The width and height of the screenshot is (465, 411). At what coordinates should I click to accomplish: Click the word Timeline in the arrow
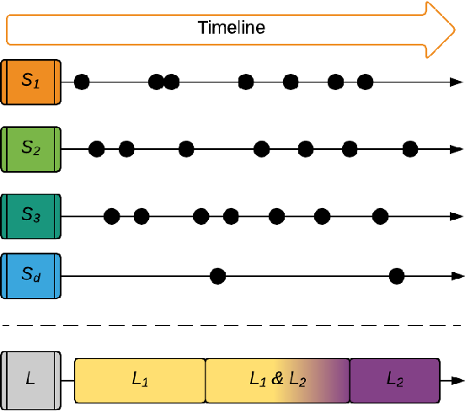(232, 28)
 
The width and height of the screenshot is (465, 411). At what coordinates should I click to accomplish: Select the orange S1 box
(31, 82)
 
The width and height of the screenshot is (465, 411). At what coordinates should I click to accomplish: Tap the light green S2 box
(31, 149)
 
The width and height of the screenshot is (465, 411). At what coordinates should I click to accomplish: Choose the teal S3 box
(31, 216)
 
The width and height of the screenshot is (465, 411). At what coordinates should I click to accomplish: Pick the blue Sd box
(31, 275)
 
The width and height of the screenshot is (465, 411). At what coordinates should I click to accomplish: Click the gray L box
(31, 381)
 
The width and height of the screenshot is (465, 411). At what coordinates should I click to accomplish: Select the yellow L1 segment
(140, 381)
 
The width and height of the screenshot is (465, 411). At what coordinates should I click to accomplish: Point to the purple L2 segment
(395, 381)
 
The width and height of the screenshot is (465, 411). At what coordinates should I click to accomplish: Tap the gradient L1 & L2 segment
(278, 381)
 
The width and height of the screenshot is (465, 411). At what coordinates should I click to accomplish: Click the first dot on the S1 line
(82, 82)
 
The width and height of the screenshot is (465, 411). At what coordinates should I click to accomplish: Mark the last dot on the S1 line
(365, 82)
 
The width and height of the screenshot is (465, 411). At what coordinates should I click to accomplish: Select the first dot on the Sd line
(217, 276)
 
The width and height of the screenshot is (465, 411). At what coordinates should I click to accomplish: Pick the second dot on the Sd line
(397, 276)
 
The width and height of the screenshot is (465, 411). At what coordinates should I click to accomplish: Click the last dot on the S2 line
(410, 149)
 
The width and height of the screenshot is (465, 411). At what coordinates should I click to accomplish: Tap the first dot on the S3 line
(112, 216)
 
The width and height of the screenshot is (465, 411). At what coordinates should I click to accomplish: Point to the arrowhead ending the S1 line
(457, 83)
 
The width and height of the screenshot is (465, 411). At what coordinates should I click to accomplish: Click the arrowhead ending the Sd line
(457, 276)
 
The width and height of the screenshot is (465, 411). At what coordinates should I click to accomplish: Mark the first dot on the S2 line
(97, 149)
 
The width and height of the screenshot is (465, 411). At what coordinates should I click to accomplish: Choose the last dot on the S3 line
(380, 216)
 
